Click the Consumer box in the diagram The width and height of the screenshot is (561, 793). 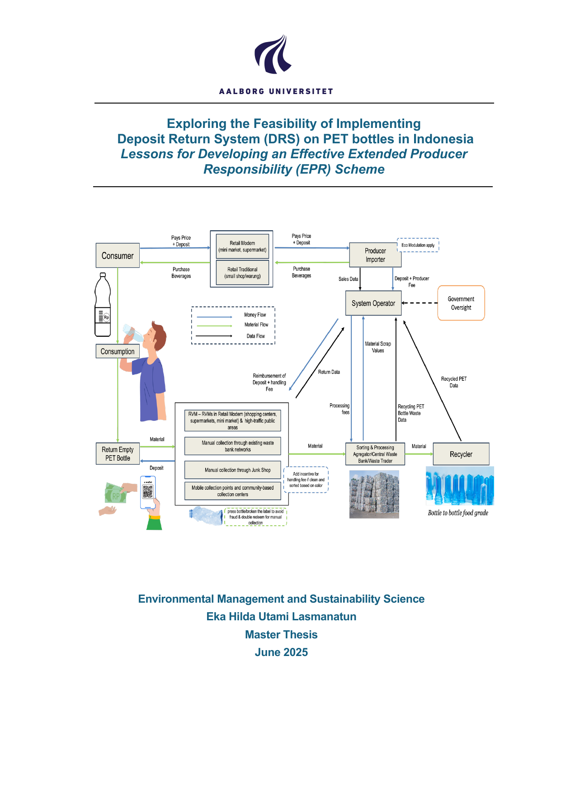click(x=118, y=255)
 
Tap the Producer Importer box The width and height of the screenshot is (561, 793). click(x=375, y=255)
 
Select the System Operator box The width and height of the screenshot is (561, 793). click(x=373, y=303)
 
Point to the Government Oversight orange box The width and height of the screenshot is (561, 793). click(x=461, y=303)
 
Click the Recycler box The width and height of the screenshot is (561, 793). click(x=461, y=454)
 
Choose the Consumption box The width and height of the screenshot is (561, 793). click(x=118, y=351)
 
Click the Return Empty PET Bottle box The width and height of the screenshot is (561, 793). click(x=118, y=453)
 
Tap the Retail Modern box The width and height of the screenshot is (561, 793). click(x=242, y=246)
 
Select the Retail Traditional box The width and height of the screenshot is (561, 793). click(x=242, y=273)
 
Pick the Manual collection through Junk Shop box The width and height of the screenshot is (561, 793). click(x=233, y=470)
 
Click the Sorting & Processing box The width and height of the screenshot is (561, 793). click(x=375, y=454)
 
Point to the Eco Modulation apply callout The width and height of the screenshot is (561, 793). click(x=418, y=245)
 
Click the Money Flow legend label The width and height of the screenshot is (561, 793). click(x=255, y=315)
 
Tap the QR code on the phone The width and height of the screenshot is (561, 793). click(x=148, y=491)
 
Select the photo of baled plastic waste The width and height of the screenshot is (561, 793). click(x=374, y=494)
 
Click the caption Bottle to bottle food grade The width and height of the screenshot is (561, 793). click(x=458, y=513)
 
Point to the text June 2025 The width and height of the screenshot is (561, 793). click(x=281, y=652)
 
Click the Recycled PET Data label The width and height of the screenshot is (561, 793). click(x=454, y=382)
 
